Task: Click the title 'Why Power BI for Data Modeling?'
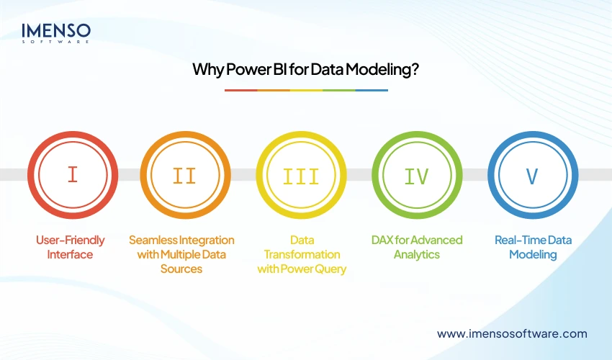306,70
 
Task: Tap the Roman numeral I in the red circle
72,175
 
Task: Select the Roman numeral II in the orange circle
184,175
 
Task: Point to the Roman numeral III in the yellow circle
302,175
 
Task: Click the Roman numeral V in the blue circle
533,175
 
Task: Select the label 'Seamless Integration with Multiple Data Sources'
181,254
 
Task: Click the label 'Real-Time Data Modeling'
533,247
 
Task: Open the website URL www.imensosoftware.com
512,333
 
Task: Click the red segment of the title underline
240,90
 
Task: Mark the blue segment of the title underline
372,90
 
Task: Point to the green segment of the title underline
338,90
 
